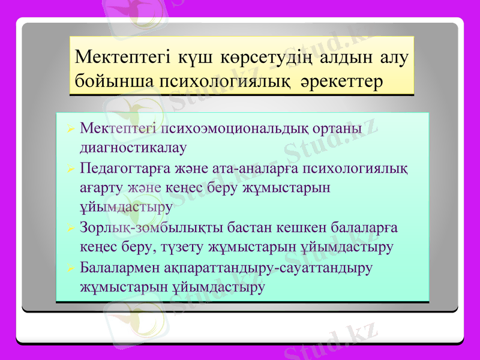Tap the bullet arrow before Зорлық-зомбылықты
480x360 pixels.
coord(70,229)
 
